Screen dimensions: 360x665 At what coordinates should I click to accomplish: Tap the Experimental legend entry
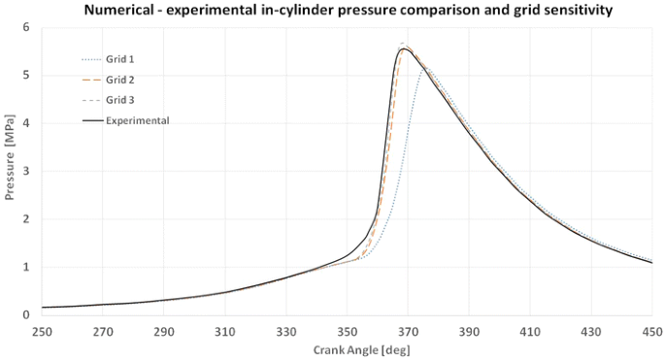tap(138, 120)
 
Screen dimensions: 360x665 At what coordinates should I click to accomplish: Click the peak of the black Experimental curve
tap(403, 49)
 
